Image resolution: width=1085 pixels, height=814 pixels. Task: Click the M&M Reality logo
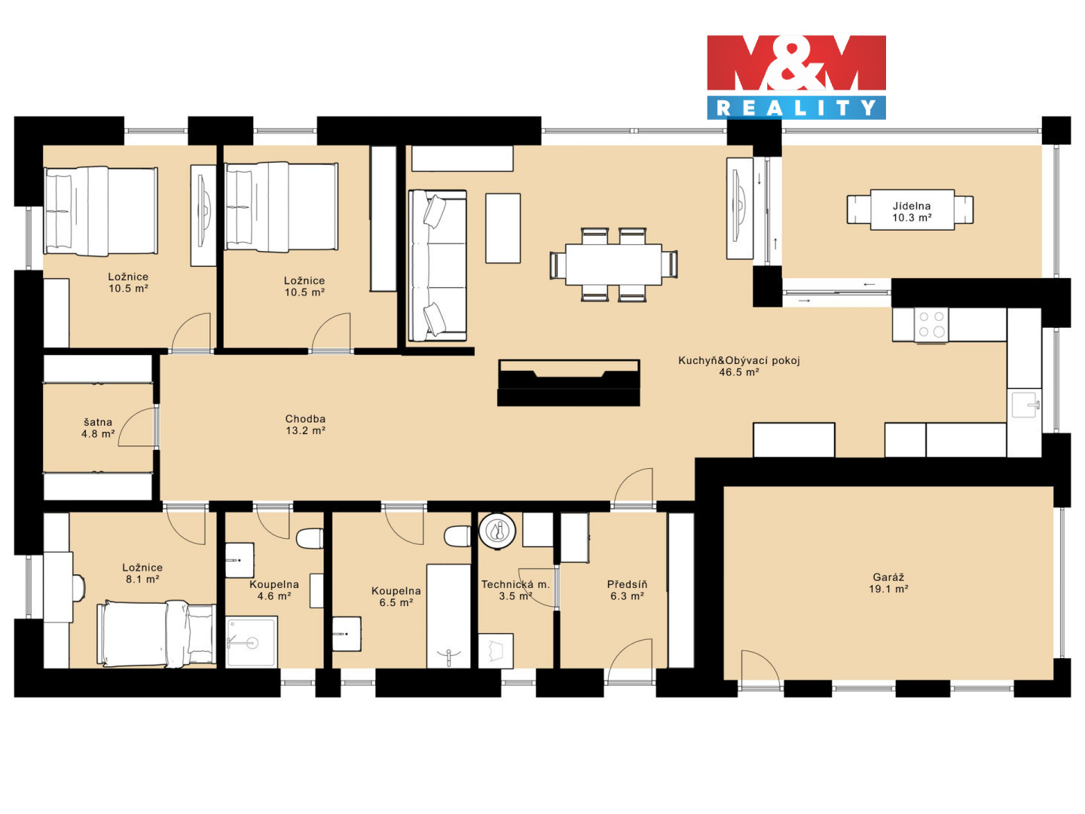click(796, 77)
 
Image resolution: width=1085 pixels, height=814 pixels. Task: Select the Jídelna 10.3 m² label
click(912, 212)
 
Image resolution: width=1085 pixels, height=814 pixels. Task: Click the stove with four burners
click(931, 325)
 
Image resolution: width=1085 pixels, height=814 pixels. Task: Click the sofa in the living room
click(438, 266)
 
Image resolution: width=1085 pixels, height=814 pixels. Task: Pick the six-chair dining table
click(613, 265)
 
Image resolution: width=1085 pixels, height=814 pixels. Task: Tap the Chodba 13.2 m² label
click(305, 424)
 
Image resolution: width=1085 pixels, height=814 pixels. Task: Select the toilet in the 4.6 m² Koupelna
click(310, 538)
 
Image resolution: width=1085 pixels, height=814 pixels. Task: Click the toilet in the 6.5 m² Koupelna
click(457, 537)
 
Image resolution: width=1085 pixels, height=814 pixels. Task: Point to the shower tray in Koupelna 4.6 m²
click(252, 641)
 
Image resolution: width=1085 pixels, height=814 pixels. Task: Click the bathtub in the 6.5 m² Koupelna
click(449, 616)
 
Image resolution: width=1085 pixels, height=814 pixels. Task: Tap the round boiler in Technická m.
click(498, 531)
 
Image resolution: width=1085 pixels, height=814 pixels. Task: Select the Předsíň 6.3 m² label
click(627, 590)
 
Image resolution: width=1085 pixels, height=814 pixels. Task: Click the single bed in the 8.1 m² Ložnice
click(157, 634)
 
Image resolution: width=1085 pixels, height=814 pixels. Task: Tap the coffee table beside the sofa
click(503, 228)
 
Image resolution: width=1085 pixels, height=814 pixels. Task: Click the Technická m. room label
click(515, 585)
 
